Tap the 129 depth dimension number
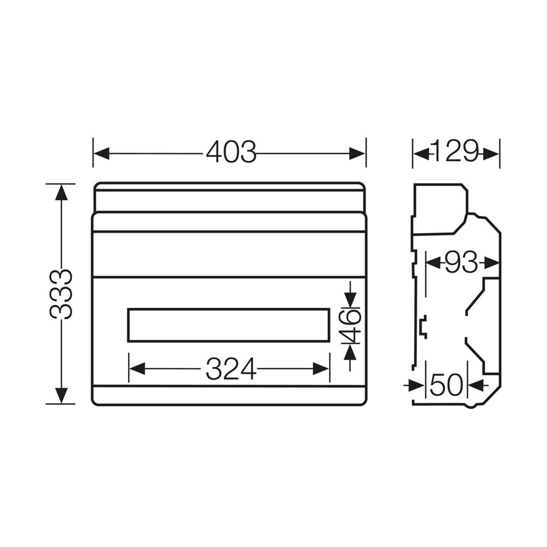[455, 151]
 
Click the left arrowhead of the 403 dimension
[102, 153]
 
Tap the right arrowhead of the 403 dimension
[357, 154]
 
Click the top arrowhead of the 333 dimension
[62, 193]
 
